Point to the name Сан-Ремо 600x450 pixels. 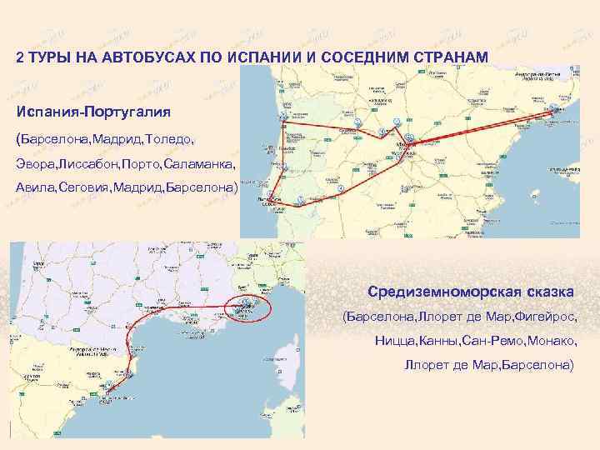click(502, 342)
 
